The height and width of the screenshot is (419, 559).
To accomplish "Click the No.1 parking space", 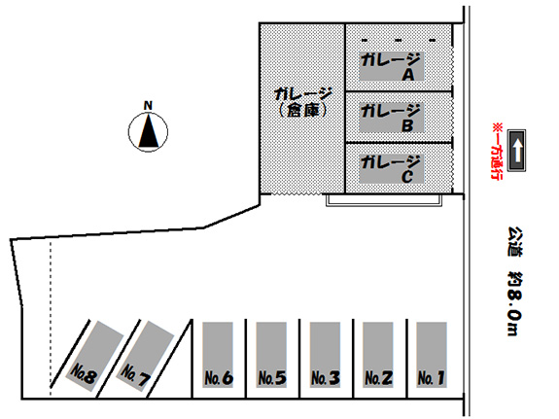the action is [432, 355].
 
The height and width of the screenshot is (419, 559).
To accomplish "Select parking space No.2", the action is [378, 355].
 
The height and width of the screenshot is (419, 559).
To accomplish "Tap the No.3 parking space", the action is [325, 355].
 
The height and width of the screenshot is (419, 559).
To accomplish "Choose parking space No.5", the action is [271, 355].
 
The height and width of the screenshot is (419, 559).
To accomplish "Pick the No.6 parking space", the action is [218, 355].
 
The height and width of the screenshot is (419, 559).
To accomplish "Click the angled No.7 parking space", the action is [145, 355].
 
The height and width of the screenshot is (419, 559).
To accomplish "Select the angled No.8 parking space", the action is [94, 355].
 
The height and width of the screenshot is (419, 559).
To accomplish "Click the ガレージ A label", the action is [391, 67].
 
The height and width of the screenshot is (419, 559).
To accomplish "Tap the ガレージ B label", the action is [391, 118].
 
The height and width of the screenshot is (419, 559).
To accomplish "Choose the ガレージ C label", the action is [391, 169].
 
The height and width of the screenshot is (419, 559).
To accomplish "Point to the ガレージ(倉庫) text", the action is [302, 103].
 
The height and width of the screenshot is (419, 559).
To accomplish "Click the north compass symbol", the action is [148, 132].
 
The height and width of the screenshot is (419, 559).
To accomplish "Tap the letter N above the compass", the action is [148, 106].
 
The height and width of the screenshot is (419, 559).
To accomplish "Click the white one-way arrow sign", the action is [516, 150].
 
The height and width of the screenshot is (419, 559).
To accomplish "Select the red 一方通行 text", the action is [496, 152].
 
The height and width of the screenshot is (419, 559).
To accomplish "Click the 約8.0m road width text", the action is [514, 304].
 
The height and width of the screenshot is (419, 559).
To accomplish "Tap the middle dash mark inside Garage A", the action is [399, 40].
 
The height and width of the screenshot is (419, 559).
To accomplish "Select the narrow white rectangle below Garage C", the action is [384, 201].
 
